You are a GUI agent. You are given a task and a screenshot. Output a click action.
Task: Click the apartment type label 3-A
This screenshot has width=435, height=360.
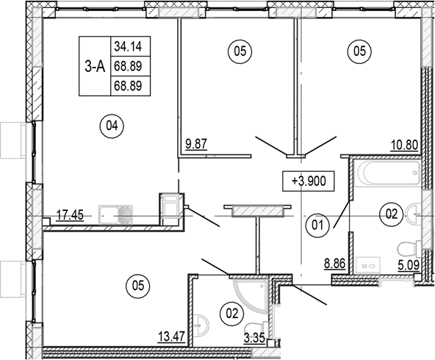[x=93, y=67]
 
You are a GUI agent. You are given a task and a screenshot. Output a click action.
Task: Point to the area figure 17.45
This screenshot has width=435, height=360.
[x=71, y=215]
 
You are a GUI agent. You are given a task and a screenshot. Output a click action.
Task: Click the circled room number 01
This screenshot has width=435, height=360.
[x=317, y=226]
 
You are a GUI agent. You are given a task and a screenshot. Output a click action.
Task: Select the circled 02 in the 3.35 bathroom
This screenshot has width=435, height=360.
[x=233, y=314]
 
